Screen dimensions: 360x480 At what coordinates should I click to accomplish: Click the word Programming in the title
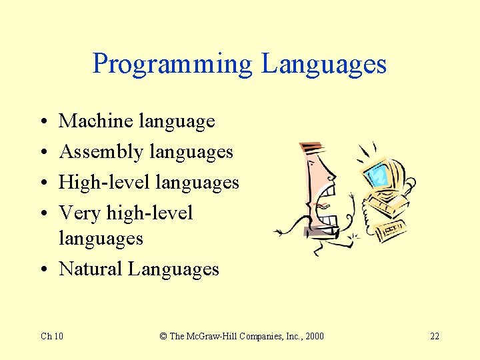173,64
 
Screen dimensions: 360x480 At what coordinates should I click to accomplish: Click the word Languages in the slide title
324,64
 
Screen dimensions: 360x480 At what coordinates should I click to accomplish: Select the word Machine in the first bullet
96,121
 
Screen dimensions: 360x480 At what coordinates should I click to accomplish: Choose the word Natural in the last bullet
91,269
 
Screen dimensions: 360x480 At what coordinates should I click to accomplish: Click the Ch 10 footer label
52,335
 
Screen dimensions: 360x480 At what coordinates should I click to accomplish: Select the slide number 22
434,335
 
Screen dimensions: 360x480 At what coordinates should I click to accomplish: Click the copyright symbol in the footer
163,335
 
